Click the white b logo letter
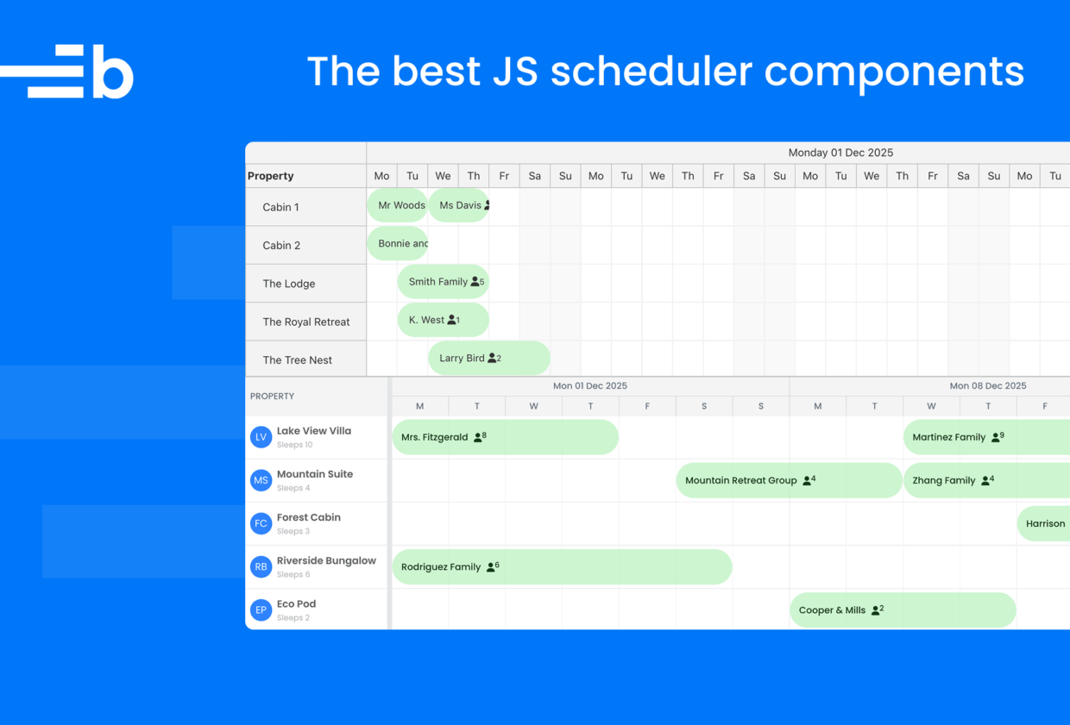[113, 72]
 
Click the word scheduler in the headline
[651, 71]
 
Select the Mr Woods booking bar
[398, 205]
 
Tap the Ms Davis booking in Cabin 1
[459, 205]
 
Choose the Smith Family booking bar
[444, 282]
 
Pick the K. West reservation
[444, 320]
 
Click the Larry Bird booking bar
[489, 358]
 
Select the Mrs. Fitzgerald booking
[506, 437]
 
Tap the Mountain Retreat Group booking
[789, 480]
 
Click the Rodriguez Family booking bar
[563, 567]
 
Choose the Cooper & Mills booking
[903, 610]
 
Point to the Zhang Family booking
[987, 480]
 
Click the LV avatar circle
[261, 437]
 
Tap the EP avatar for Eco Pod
[261, 610]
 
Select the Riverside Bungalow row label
[327, 561]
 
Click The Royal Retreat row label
[306, 322]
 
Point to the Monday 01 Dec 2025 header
[840, 153]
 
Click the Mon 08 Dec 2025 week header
[988, 385]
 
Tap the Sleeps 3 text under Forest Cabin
[293, 531]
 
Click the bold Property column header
[270, 176]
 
